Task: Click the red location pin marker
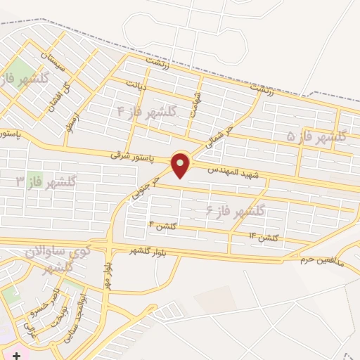pyautogui.click(x=181, y=165)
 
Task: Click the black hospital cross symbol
pyautogui.click(x=15, y=357)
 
